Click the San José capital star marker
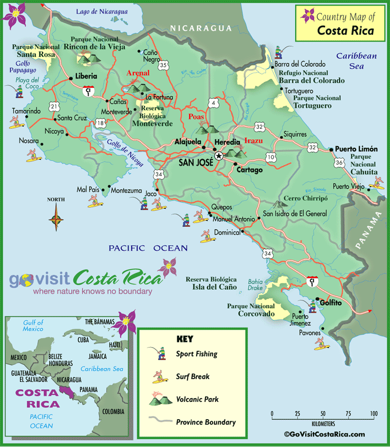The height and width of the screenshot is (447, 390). click(x=219, y=156)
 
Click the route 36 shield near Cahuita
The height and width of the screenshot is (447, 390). click(x=338, y=163)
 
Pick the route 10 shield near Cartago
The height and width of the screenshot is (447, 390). click(x=271, y=157)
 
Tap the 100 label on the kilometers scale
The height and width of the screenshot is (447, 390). click(x=374, y=414)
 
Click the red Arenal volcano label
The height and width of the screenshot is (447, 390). click(x=138, y=73)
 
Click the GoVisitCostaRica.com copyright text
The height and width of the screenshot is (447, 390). click(x=324, y=434)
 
